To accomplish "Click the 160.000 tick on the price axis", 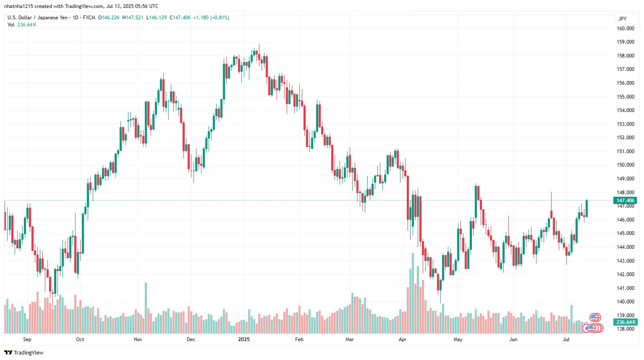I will (625, 29).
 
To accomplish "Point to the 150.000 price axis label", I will (625, 165).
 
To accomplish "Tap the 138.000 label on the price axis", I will (625, 329).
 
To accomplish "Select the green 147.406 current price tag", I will (626, 201).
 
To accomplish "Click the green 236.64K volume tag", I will (626, 322).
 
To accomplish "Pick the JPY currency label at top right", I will (622, 18).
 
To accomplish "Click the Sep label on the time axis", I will (27, 339).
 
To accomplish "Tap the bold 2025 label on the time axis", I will (243, 339).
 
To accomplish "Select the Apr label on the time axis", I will (403, 339).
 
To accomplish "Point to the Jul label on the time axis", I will (566, 339).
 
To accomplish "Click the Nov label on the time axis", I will (138, 339).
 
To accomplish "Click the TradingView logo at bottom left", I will (24, 352).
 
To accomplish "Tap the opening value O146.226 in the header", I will (109, 18).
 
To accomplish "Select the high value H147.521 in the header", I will (133, 18).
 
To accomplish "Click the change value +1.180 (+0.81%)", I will (211, 18).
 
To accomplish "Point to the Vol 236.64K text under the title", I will (22, 25).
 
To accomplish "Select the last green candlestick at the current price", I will (586, 209).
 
